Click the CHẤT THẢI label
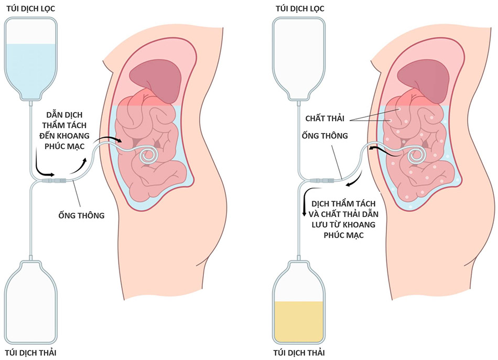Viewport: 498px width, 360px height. pyautogui.click(x=326, y=119)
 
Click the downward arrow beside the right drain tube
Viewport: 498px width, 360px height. pyautogui.click(x=305, y=204)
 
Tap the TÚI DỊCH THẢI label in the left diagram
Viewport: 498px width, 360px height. pyautogui.click(x=30, y=352)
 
